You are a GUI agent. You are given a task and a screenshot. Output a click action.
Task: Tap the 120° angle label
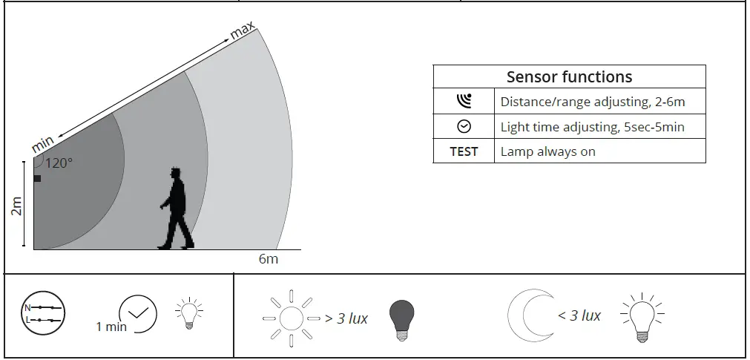tap(59, 163)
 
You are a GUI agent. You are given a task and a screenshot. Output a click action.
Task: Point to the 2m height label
tap(17, 206)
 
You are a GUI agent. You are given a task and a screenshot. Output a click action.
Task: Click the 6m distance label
tap(269, 259)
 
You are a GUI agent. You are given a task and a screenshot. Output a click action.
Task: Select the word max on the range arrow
tap(243, 32)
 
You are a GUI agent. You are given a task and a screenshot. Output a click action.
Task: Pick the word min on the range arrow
tap(42, 143)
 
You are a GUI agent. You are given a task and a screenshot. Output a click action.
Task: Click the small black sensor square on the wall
tap(37, 178)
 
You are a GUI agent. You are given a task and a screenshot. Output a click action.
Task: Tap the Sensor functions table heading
tap(569, 77)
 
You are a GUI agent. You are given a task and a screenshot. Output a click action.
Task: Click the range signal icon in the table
tap(464, 101)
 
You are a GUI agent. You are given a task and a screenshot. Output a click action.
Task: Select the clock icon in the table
tap(464, 127)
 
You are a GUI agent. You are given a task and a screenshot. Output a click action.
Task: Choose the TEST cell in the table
tap(464, 151)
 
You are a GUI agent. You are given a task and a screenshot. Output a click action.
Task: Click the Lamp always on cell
tap(547, 151)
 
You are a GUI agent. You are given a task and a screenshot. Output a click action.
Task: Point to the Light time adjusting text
tap(592, 127)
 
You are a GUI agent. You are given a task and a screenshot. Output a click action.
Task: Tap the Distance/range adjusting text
tap(592, 102)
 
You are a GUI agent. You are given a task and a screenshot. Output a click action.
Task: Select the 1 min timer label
tap(111, 327)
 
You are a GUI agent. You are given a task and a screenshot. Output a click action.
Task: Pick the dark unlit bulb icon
tap(401, 319)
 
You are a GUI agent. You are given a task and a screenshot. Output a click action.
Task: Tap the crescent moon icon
tap(527, 315)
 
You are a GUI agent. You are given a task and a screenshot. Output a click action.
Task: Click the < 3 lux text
tap(579, 315)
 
